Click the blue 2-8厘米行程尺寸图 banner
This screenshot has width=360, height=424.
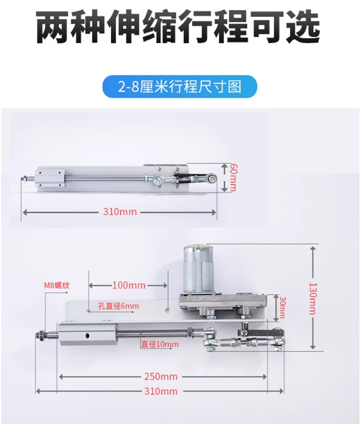[180, 86]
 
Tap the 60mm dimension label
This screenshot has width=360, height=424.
[233, 178]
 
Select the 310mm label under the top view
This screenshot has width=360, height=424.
[120, 212]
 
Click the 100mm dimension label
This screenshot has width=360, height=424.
[129, 285]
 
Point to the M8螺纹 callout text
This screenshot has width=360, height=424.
[57, 285]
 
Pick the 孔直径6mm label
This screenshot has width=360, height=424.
[118, 306]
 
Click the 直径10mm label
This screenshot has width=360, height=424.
[160, 344]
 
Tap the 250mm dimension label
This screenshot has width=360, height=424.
[161, 376]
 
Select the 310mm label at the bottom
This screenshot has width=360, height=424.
[161, 391]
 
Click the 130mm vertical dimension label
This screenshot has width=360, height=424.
[312, 298]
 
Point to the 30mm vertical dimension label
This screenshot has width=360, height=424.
[282, 308]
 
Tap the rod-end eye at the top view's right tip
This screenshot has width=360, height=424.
[212, 178]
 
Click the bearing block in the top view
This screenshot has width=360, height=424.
[51, 178]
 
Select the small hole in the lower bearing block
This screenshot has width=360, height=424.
[87, 336]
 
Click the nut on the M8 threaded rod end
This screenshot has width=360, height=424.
[40, 335]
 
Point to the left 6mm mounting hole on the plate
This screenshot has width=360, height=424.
[89, 311]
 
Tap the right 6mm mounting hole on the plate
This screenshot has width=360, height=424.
[168, 310]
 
